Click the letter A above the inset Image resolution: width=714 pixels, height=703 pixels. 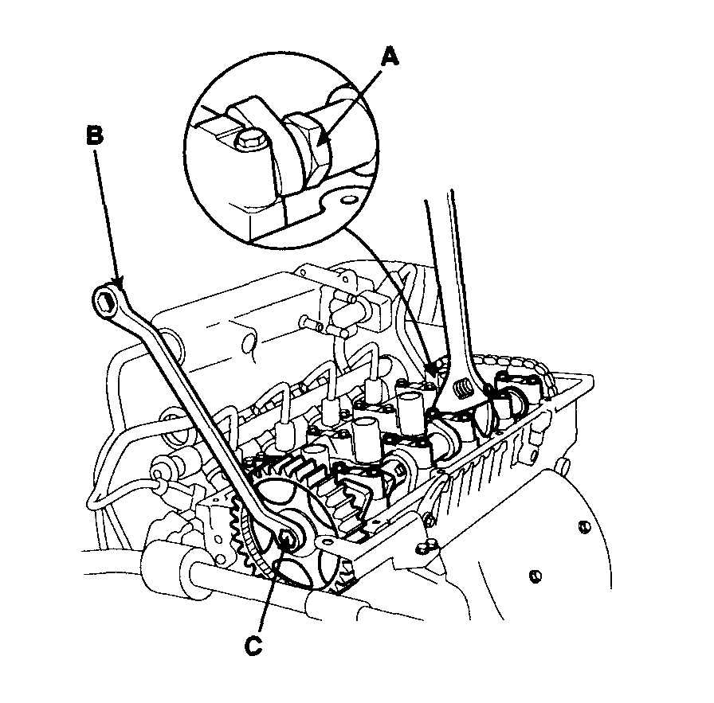389,57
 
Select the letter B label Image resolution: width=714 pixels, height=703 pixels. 94,136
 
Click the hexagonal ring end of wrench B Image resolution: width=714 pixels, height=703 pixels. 106,301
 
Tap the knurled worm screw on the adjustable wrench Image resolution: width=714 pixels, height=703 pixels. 463,391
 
